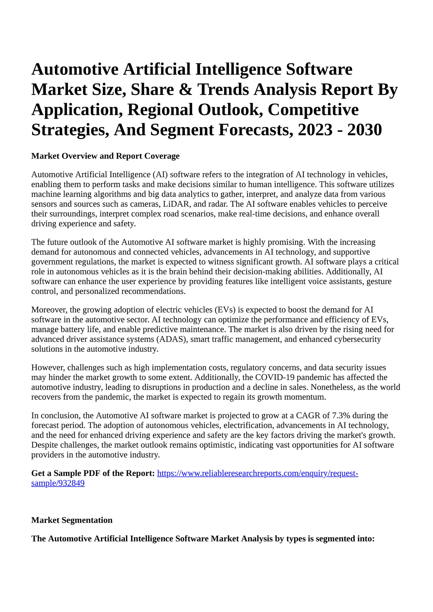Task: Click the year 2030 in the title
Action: point(364,130)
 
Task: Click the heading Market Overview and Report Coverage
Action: point(105,156)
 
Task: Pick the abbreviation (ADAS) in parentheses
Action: point(172,340)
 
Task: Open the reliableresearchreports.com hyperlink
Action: point(257,474)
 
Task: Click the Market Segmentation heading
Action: point(72,520)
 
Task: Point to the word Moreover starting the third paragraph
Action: point(49,310)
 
